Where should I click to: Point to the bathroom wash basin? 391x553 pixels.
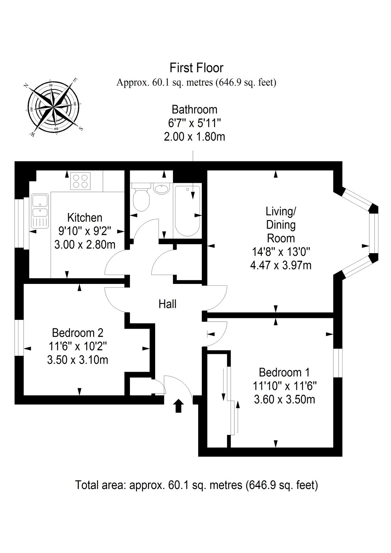point(162,189)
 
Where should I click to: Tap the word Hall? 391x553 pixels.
point(167,304)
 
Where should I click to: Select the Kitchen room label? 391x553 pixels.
point(85,218)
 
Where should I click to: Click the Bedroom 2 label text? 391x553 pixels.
point(77,333)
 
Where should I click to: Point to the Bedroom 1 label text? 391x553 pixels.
point(284,372)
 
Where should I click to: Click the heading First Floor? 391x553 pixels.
point(197,68)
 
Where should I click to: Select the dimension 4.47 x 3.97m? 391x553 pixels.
point(281,265)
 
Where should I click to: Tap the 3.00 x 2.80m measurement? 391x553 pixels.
point(85,245)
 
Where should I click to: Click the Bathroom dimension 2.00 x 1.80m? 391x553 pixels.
point(194,136)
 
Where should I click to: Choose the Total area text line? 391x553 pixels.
point(197,485)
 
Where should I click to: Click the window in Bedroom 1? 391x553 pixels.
point(338,363)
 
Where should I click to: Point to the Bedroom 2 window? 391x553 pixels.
point(19,338)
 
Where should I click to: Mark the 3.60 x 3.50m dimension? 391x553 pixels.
point(284,399)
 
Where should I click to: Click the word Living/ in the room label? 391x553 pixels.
point(281,211)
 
